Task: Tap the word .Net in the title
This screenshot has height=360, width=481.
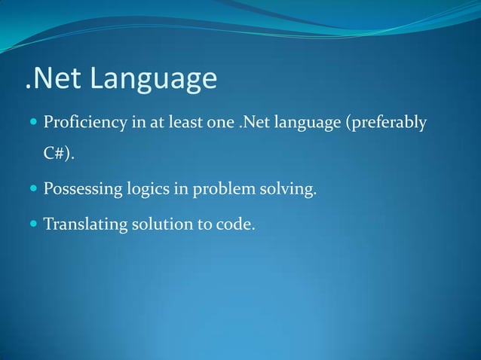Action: [x=51, y=79]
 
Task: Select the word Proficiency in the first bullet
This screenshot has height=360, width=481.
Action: [x=84, y=123]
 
